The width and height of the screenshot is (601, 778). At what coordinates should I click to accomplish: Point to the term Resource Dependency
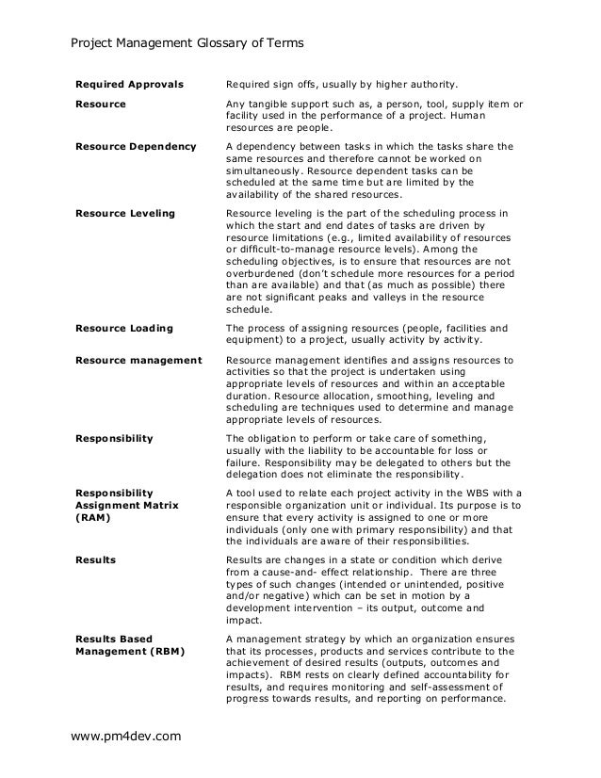click(136, 147)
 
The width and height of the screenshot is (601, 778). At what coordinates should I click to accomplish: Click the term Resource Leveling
click(125, 214)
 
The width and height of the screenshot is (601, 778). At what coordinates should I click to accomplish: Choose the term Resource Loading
click(124, 328)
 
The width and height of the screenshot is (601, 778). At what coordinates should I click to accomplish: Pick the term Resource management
click(138, 361)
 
